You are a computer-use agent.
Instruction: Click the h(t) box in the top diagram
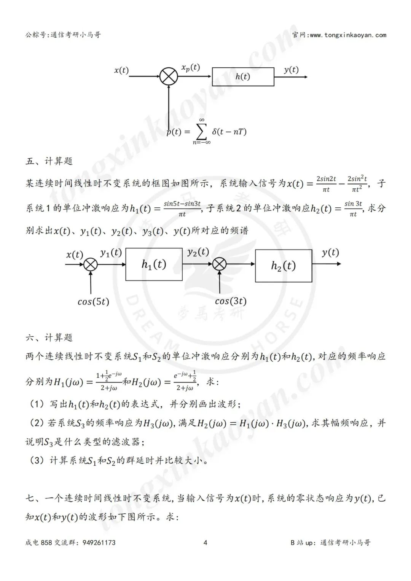tap(243, 76)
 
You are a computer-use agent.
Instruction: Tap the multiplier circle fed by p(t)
tap(168, 76)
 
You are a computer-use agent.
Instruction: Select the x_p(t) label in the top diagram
tap(190, 68)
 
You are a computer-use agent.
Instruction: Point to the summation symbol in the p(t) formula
tap(202, 132)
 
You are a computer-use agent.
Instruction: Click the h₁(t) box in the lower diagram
tap(154, 264)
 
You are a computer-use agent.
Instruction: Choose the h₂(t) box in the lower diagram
tap(284, 266)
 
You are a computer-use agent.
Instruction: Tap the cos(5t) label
tap(93, 302)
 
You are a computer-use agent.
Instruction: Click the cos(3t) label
tap(231, 301)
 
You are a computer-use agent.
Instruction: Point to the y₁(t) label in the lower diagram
tap(111, 253)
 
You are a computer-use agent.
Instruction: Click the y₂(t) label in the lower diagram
tap(198, 252)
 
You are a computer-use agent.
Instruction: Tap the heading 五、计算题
tap(49, 161)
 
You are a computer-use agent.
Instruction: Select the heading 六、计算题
tap(49, 337)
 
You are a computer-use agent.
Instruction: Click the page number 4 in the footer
tap(205, 543)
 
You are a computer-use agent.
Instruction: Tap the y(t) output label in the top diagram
tap(291, 70)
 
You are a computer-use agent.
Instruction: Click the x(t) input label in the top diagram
tap(121, 70)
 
